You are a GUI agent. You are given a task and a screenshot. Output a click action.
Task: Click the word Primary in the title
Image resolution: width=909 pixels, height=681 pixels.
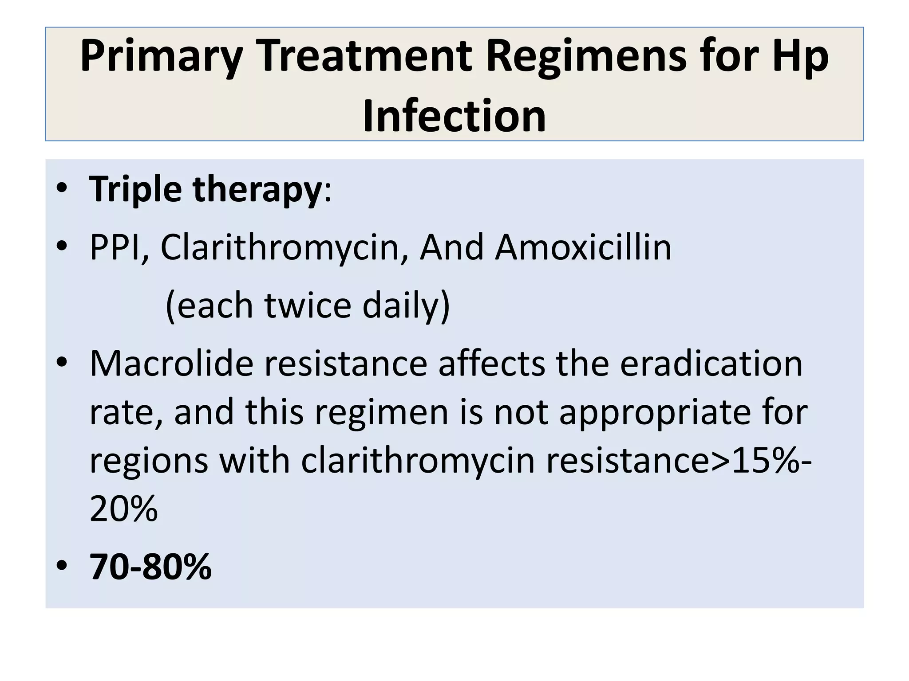pyautogui.click(x=161, y=57)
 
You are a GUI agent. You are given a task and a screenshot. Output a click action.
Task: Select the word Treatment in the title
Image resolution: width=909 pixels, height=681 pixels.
pyautogui.click(x=365, y=56)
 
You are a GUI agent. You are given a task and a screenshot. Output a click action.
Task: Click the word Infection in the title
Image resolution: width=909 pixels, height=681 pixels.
pyautogui.click(x=454, y=116)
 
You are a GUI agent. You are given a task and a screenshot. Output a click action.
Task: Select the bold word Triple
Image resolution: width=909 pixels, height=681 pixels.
pyautogui.click(x=135, y=190)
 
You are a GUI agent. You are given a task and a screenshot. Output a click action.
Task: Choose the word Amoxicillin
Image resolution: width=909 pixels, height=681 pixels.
pyautogui.click(x=583, y=247)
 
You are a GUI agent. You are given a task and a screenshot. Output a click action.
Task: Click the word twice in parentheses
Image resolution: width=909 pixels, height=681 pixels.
pyautogui.click(x=308, y=305)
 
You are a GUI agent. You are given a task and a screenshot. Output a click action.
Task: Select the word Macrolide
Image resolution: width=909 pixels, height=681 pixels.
pyautogui.click(x=171, y=364)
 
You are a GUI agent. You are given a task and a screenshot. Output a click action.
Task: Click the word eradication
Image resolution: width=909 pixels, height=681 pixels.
pyautogui.click(x=711, y=364)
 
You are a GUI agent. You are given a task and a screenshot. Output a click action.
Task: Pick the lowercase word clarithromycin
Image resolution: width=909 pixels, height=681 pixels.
pyautogui.click(x=418, y=461)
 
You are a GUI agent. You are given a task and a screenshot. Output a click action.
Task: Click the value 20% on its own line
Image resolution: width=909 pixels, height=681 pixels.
pyautogui.click(x=124, y=509)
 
